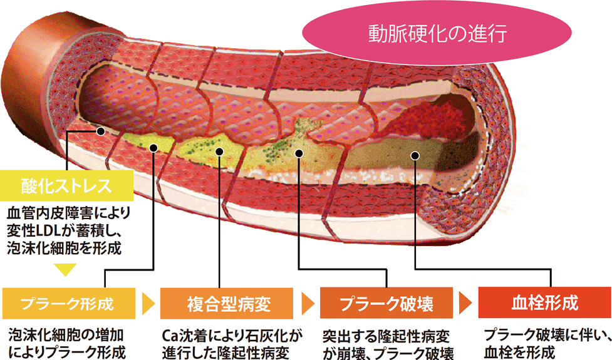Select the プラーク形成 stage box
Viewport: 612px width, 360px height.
[x=68, y=304]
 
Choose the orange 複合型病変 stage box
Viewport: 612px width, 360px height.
[x=228, y=304]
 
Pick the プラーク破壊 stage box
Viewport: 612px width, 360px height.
[x=387, y=304]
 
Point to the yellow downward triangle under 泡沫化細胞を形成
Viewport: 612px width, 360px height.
[x=66, y=270]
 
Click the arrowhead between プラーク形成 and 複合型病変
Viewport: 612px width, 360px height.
[x=148, y=304]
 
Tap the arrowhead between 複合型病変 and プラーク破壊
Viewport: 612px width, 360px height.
[x=308, y=304]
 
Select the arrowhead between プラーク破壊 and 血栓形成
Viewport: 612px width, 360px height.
[x=465, y=304]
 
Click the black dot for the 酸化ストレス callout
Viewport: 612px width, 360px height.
[x=100, y=131]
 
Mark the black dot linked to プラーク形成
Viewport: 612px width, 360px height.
[x=153, y=148]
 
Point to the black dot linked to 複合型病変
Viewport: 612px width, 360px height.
[x=219, y=151]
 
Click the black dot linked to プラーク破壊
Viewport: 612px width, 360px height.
[x=299, y=152]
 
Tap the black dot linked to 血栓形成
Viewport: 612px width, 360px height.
[x=413, y=154]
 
